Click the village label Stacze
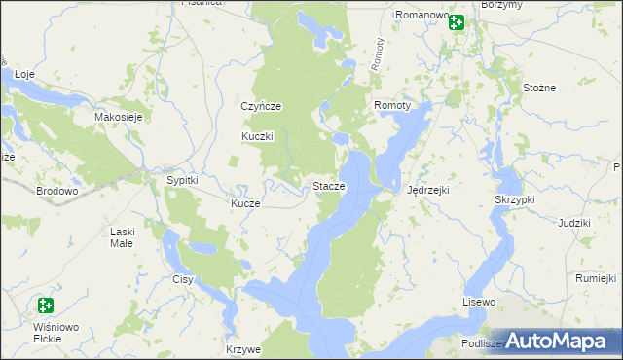pyautogui.click(x=328, y=186)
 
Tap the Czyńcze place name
pyautogui.click(x=261, y=106)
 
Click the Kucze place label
pyautogui.click(x=244, y=203)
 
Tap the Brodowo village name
pyautogui.click(x=56, y=192)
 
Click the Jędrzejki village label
pyautogui.click(x=427, y=190)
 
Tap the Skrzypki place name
pyautogui.click(x=515, y=198)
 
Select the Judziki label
pyautogui.click(x=574, y=223)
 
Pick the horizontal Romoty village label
pyautogui.click(x=393, y=104)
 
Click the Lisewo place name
pyautogui.click(x=479, y=303)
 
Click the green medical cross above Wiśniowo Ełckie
pyautogui.click(x=43, y=306)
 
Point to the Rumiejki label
pyautogui.click(x=597, y=278)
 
